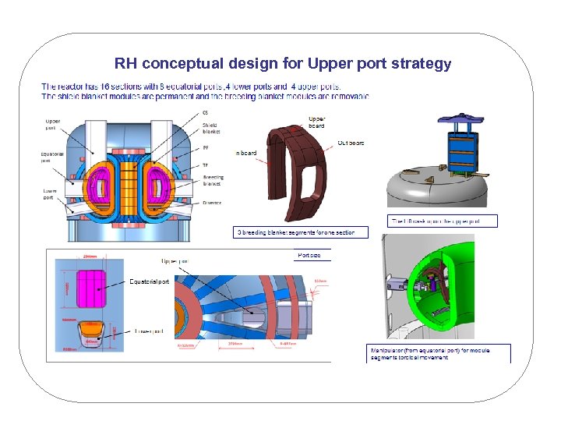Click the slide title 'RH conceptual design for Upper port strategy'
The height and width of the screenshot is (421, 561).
(282, 63)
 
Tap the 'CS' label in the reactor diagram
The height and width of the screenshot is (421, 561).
(205, 113)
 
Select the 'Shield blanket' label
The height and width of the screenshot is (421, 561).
(211, 129)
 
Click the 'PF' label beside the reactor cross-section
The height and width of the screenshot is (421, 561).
(206, 148)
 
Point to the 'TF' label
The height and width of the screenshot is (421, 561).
(205, 165)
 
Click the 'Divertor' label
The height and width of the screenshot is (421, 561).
(212, 203)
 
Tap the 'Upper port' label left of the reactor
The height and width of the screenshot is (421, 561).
(53, 125)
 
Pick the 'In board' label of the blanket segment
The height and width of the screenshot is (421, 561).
(246, 154)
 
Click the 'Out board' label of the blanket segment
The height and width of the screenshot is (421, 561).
(351, 143)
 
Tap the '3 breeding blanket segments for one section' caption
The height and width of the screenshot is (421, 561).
(295, 232)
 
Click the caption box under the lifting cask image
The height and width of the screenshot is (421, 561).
(442, 221)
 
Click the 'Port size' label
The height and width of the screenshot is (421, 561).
(309, 255)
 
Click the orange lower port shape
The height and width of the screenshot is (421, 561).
(91, 332)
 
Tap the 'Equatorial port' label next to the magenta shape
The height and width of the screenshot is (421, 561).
(149, 281)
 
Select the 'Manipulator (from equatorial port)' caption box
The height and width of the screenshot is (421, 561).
(439, 353)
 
